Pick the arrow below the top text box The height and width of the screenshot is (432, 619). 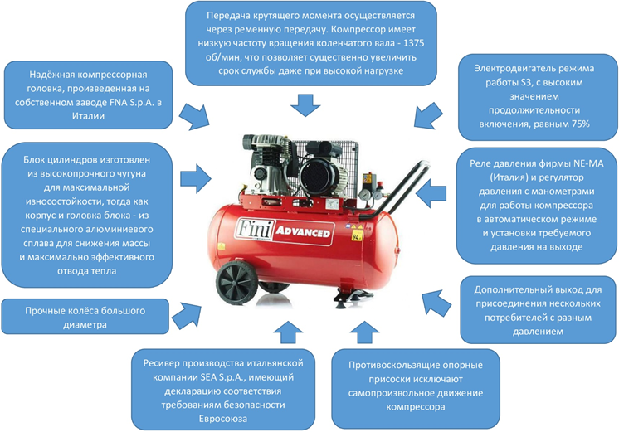click(x=304, y=104)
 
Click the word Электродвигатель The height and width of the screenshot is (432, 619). click(x=516, y=67)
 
